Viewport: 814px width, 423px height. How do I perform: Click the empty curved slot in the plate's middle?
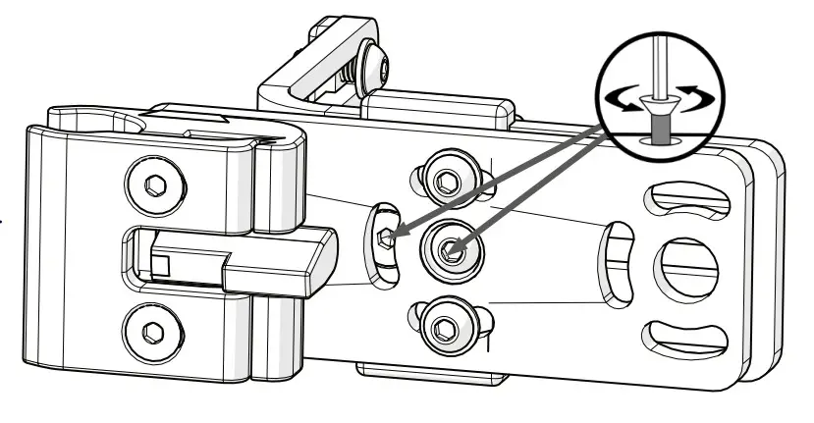[x=618, y=263]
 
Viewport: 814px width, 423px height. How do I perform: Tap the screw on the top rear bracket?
[x=376, y=69]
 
